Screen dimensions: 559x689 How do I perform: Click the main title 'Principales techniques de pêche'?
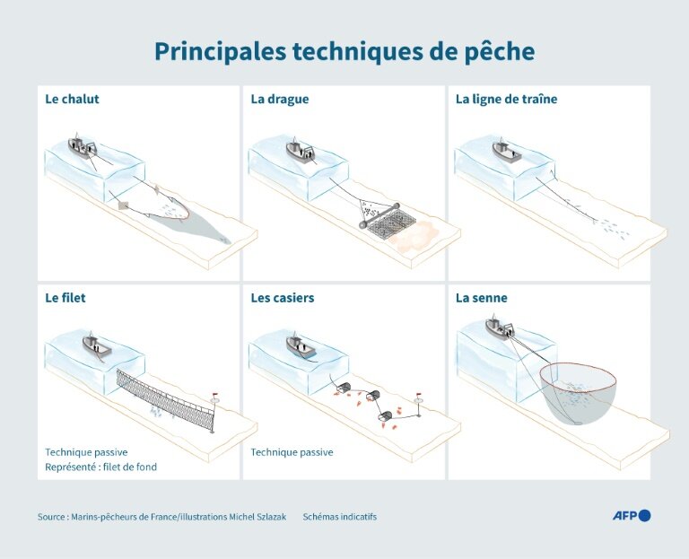pyautogui.click(x=344, y=51)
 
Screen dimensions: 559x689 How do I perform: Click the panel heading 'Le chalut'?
pyautogui.click(x=72, y=100)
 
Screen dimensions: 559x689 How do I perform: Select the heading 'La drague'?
pyautogui.click(x=279, y=100)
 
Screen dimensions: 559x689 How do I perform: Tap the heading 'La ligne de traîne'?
pyautogui.click(x=506, y=100)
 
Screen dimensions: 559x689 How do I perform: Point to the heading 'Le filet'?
pyautogui.click(x=65, y=298)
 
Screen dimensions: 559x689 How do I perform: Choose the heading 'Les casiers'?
pyautogui.click(x=283, y=298)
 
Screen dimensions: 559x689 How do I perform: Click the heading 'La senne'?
pyautogui.click(x=482, y=298)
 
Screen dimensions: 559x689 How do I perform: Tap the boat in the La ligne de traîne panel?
pyautogui.click(x=507, y=151)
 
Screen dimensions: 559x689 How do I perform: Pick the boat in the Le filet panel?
pyautogui.click(x=96, y=344)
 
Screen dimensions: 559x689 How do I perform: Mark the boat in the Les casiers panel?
pyautogui.click(x=300, y=345)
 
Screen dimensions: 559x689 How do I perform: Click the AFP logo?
pyautogui.click(x=631, y=515)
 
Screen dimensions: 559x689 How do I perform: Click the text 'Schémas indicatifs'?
pyautogui.click(x=340, y=517)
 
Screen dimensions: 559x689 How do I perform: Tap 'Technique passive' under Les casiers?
pyautogui.click(x=292, y=453)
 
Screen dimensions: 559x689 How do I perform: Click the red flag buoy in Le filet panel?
pyautogui.click(x=214, y=396)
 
